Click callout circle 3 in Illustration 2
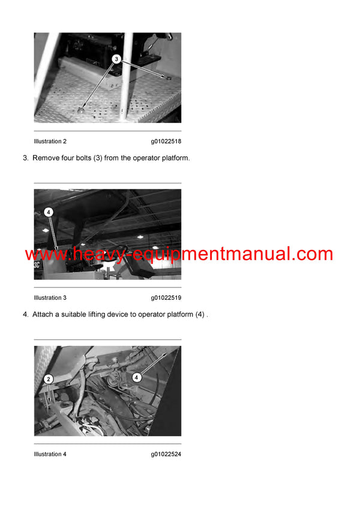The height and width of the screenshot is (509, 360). pos(116,60)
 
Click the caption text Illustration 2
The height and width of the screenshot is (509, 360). pos(50,141)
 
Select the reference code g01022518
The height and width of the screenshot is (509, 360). pos(166,141)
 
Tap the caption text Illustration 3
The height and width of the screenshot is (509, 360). pos(50,297)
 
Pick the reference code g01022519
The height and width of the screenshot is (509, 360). pos(166,297)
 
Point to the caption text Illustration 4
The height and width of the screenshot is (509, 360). pos(50,454)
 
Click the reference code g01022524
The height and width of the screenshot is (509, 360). pos(166,454)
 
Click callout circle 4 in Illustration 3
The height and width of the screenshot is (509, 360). pos(49,212)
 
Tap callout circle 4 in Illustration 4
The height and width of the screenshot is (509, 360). pos(137,378)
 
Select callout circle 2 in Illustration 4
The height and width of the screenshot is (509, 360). pos(49,379)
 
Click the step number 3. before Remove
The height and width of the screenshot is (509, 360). pos(25,158)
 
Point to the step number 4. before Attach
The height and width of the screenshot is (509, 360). pos(25,315)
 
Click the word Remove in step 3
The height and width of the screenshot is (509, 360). pos(44,158)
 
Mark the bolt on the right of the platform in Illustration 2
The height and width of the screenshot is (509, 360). pos(167,77)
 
